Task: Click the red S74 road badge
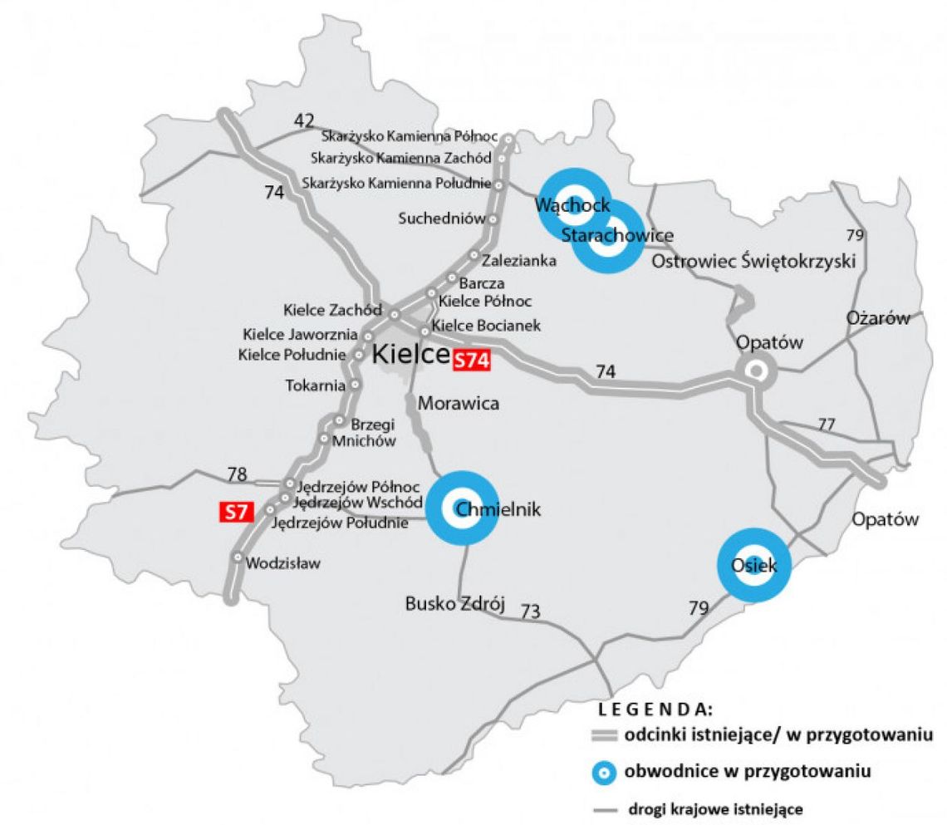click(x=471, y=360)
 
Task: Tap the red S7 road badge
click(x=235, y=512)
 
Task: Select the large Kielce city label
click(x=410, y=354)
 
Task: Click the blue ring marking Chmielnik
click(x=462, y=508)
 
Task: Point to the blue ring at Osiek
click(x=753, y=565)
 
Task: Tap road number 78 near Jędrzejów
click(x=238, y=475)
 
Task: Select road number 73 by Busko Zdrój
click(x=530, y=612)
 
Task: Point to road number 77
click(x=826, y=425)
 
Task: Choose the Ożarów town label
click(x=878, y=318)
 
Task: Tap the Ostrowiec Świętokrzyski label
click(x=753, y=261)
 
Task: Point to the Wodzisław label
click(x=282, y=563)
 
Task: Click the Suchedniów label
click(x=440, y=219)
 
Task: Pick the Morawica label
click(x=459, y=404)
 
